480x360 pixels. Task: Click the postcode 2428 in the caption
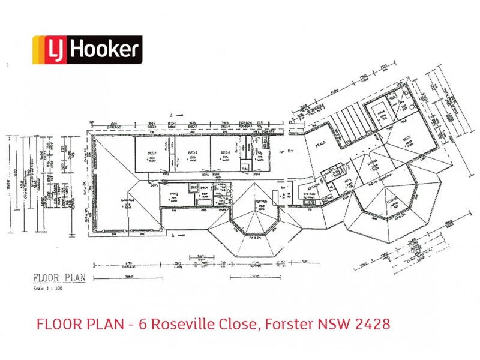(x=372, y=324)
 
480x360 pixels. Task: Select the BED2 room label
(x=192, y=154)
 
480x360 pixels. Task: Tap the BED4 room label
(x=226, y=154)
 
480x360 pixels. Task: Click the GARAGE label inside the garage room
(x=127, y=202)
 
